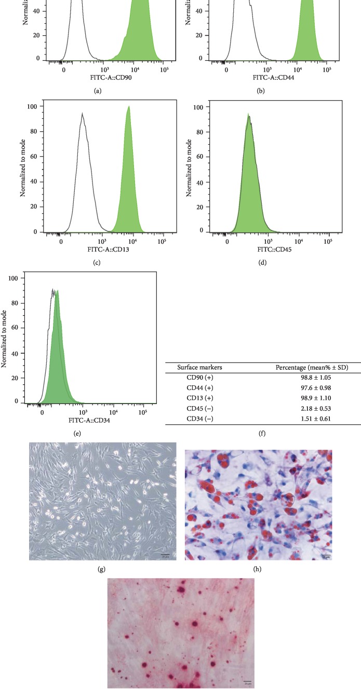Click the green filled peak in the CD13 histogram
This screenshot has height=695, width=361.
128,187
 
